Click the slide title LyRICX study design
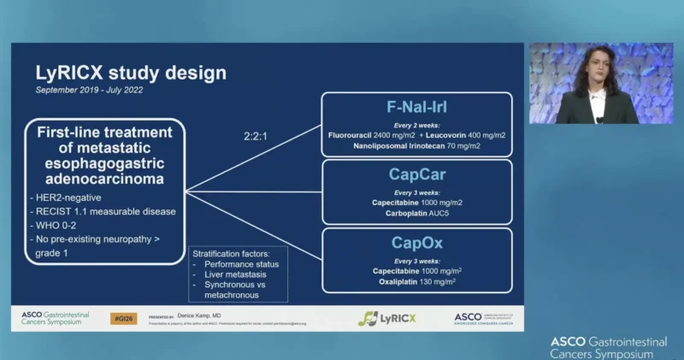coord(130,73)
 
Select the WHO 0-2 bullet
coord(56,226)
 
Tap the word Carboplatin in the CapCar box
coord(399,213)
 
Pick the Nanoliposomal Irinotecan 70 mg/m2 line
coord(416,146)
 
